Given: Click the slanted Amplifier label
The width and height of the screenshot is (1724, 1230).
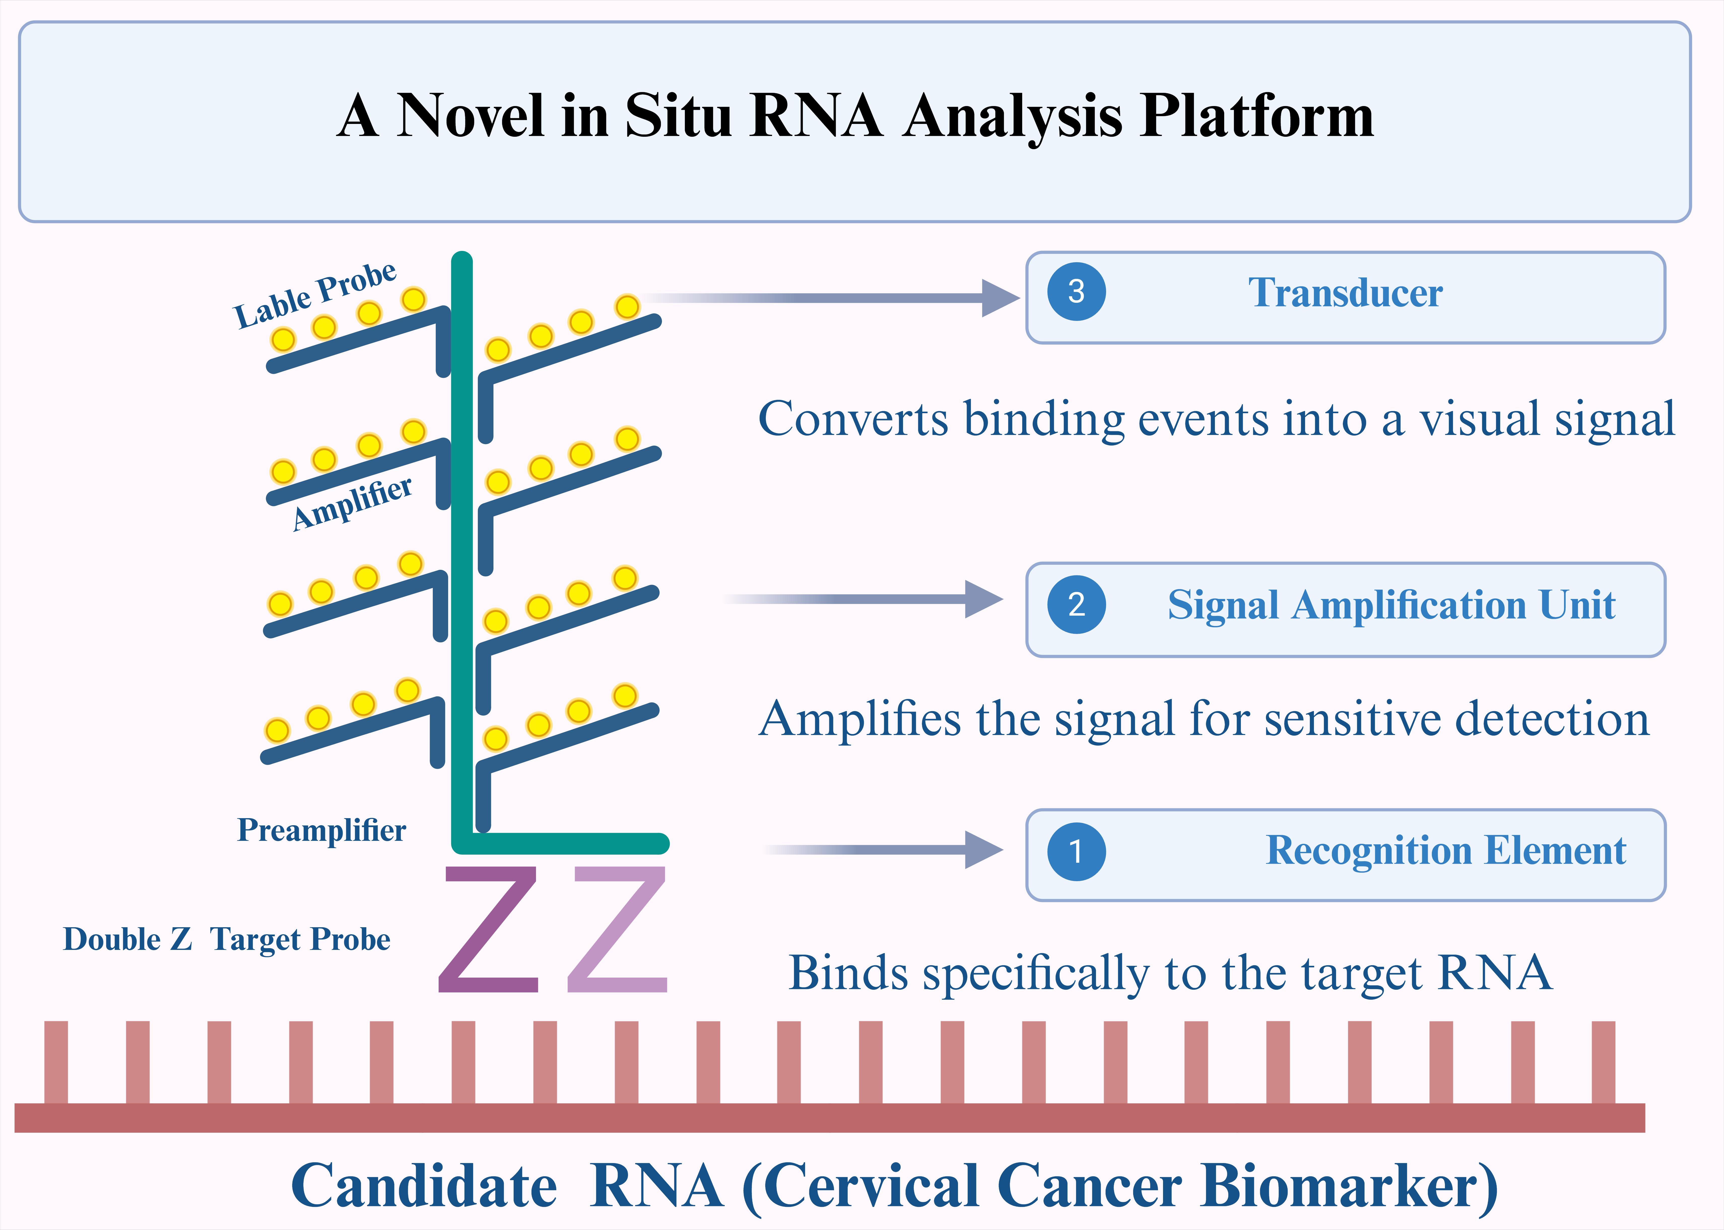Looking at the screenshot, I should (352, 504).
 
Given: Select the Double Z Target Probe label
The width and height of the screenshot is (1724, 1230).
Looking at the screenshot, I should (226, 939).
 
